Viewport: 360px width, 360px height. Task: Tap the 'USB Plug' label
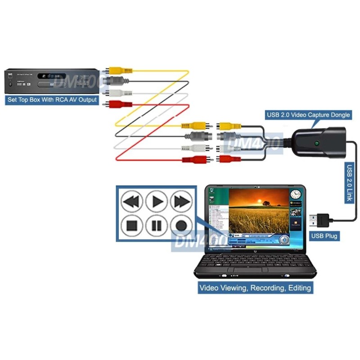[x=325, y=235]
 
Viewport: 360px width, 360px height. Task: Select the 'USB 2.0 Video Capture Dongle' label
[x=308, y=115]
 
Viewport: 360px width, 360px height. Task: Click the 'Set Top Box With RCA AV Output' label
[x=52, y=99]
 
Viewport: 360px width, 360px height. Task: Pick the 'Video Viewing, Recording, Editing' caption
[x=255, y=288]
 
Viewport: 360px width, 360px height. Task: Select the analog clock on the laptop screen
[x=295, y=194]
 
